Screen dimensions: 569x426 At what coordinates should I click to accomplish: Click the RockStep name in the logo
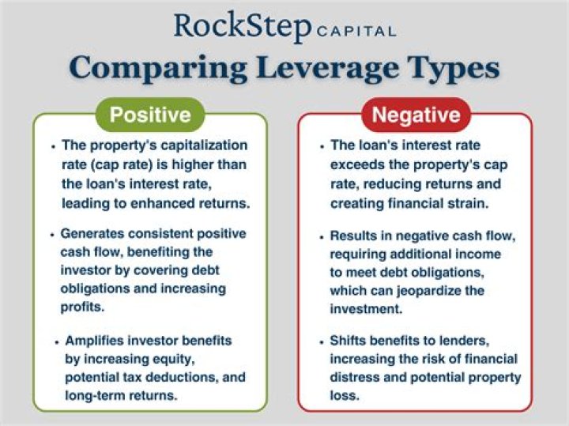243,26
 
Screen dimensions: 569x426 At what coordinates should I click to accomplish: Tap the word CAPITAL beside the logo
356,32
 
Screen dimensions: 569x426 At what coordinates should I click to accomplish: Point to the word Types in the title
454,70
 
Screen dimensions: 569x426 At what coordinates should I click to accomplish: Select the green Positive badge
150,115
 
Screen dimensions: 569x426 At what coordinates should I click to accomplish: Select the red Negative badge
416,115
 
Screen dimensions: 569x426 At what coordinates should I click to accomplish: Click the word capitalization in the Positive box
204,145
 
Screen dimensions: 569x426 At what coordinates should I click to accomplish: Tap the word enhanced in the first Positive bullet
162,203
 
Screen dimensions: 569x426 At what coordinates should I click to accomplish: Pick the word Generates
92,233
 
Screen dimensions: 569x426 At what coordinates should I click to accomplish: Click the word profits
82,307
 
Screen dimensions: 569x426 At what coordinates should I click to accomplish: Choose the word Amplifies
94,341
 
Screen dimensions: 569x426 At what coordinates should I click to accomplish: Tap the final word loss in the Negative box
345,395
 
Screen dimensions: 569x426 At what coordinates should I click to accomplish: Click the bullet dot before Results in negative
322,238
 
